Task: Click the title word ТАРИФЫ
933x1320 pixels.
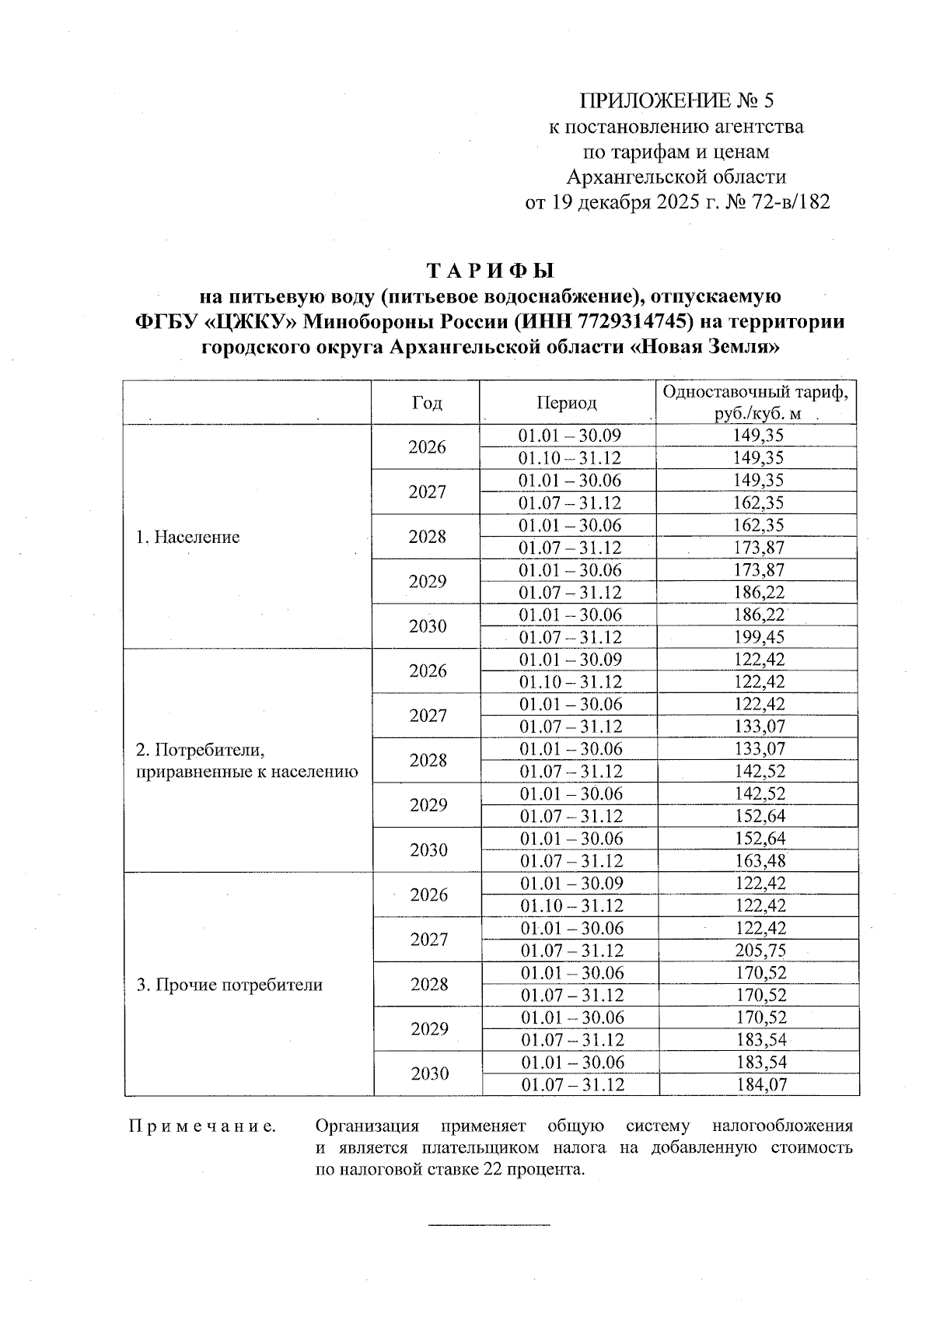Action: click(491, 271)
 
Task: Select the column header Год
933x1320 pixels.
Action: click(426, 402)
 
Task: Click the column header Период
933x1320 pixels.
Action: click(567, 402)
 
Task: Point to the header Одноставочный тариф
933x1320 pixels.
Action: click(756, 391)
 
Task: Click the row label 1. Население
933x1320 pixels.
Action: click(187, 537)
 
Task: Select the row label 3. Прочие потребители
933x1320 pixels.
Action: click(229, 985)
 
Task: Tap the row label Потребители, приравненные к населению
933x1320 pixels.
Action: click(246, 761)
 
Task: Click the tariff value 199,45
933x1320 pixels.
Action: click(759, 637)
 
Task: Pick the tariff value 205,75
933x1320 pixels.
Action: click(760, 951)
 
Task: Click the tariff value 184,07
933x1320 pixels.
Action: click(760, 1084)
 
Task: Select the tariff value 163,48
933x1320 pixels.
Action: click(760, 861)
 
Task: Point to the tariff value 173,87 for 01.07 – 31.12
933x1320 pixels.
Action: click(759, 548)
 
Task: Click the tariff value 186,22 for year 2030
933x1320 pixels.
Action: click(759, 614)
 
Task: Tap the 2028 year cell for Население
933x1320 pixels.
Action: click(427, 537)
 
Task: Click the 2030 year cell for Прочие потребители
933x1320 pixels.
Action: click(430, 1074)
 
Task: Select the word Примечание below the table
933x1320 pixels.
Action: click(202, 1126)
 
